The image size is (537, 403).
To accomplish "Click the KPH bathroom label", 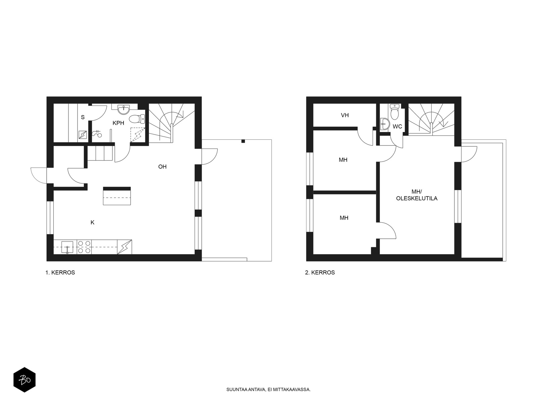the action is (118, 123).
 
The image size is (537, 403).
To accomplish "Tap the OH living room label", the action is (162, 167).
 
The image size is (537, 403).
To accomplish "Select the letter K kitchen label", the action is (93, 222).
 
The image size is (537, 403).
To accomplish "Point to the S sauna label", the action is (83, 117).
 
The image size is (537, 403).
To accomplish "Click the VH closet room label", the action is (345, 115).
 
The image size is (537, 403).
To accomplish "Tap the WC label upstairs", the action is (397, 127).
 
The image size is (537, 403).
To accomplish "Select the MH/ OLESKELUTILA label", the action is (417, 195).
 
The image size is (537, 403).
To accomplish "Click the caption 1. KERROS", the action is (60, 273).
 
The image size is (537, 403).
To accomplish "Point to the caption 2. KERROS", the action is (320, 273).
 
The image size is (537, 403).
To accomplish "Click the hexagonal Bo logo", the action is (25, 380).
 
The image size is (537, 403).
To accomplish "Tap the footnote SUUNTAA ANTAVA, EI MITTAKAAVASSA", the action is (268, 390).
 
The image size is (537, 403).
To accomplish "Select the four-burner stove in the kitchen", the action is (84, 247).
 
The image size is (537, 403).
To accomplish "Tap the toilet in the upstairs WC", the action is (395, 112).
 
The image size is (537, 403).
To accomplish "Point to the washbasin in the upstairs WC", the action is (385, 124).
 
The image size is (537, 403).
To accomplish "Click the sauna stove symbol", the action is (83, 135).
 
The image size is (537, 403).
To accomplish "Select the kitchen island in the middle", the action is (117, 196).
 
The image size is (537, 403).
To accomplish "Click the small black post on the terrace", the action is (243, 141).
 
